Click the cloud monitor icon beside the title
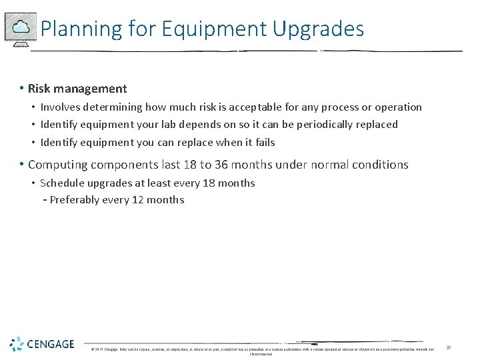coord(21,28)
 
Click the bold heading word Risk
coord(40,89)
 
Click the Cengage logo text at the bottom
coord(51,345)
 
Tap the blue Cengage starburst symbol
coord(17,344)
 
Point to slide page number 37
coord(449,347)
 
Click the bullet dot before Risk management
coord(22,89)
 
